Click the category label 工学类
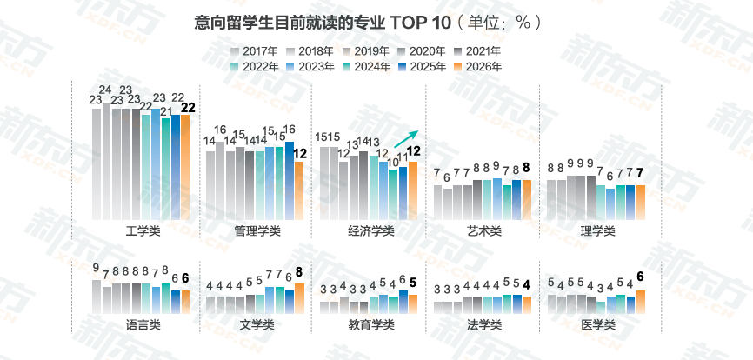pos(143,230)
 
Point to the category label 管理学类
pos(257,230)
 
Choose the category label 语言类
pos(143,324)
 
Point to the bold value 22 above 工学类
pos(187,108)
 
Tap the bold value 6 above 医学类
pos(641,277)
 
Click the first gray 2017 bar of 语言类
pos(97,296)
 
